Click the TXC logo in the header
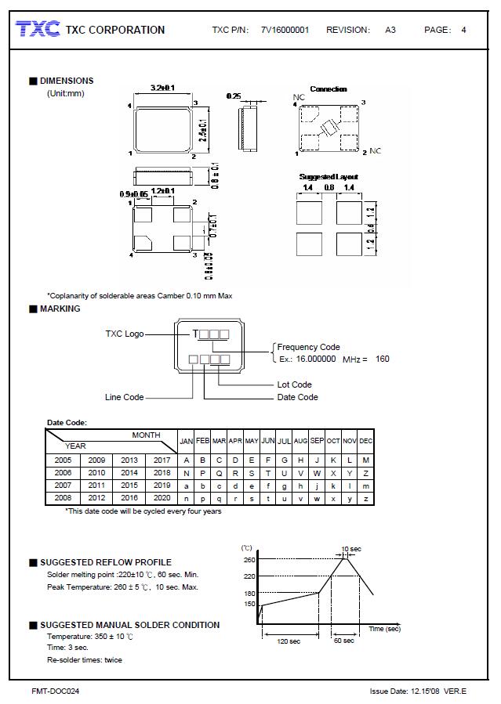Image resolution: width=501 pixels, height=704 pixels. pyautogui.click(x=38, y=30)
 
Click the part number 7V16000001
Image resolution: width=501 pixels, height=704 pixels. pyautogui.click(x=285, y=31)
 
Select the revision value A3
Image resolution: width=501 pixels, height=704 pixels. pyautogui.click(x=390, y=31)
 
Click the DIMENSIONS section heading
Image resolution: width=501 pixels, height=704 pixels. pyautogui.click(x=66, y=81)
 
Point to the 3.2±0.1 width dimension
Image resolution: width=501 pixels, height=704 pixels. pyautogui.click(x=162, y=88)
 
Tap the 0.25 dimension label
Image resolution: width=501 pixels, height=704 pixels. pyautogui.click(x=234, y=96)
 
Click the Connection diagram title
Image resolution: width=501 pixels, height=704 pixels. pyautogui.click(x=329, y=89)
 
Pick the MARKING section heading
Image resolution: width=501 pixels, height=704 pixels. pyautogui.click(x=60, y=309)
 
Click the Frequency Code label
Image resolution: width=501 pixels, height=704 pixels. pyautogui.click(x=309, y=347)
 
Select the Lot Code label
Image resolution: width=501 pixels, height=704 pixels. pyautogui.click(x=295, y=384)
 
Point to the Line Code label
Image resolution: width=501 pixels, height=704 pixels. pyautogui.click(x=124, y=397)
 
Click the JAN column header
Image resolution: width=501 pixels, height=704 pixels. pyautogui.click(x=187, y=441)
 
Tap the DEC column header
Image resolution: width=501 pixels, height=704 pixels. pyautogui.click(x=366, y=441)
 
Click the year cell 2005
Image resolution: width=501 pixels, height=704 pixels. pyautogui.click(x=63, y=460)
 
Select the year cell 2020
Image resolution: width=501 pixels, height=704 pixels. pyautogui.click(x=162, y=497)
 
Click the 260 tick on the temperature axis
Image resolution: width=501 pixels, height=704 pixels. pyautogui.click(x=249, y=560)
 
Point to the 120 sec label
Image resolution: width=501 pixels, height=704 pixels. pyautogui.click(x=289, y=641)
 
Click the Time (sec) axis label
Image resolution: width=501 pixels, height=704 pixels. pyautogui.click(x=384, y=629)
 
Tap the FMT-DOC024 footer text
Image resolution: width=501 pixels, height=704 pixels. pyautogui.click(x=55, y=691)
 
